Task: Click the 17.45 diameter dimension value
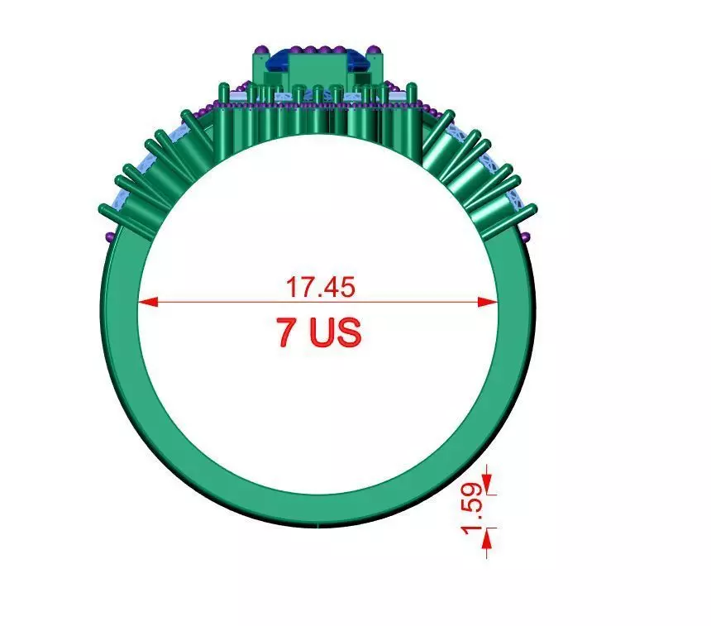pos(320,287)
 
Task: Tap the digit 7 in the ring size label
pos(287,332)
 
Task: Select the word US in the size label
pos(335,332)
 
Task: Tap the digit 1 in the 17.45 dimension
pos(291,287)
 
